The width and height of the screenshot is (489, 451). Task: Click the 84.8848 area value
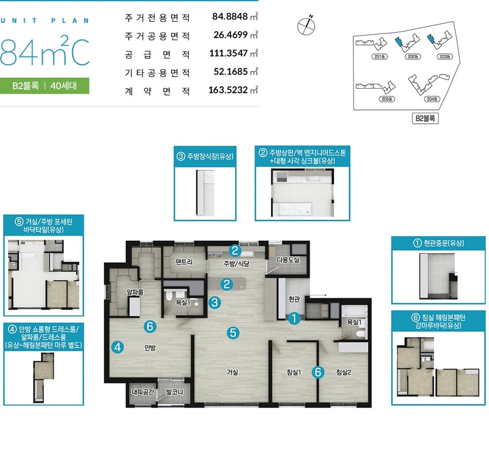click(x=230, y=16)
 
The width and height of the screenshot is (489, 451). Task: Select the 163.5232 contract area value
click(x=228, y=90)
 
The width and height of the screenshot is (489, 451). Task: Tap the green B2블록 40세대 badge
click(x=45, y=86)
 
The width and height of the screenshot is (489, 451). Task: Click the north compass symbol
click(x=306, y=25)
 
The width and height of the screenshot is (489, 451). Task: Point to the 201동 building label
click(x=379, y=56)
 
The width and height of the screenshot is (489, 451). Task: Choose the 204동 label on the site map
click(x=432, y=99)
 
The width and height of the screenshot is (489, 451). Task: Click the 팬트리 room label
click(x=184, y=262)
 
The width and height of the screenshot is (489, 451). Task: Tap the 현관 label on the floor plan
click(x=294, y=299)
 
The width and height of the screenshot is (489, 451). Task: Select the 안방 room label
click(x=150, y=347)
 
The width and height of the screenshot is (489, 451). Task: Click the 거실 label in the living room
click(x=232, y=372)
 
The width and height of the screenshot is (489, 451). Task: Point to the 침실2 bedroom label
click(x=344, y=372)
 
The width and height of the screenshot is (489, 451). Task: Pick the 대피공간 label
click(x=143, y=392)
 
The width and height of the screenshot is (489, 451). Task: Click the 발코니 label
click(x=175, y=392)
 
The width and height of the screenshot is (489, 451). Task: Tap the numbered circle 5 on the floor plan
click(x=233, y=333)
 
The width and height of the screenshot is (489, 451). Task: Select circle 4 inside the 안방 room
click(x=118, y=347)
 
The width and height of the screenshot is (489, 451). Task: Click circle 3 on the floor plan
click(x=215, y=302)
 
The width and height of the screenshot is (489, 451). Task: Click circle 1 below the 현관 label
click(x=294, y=318)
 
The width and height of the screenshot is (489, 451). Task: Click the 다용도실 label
click(x=288, y=260)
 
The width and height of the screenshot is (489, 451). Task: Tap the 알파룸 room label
click(x=135, y=292)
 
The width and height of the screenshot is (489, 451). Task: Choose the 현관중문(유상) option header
click(x=439, y=243)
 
